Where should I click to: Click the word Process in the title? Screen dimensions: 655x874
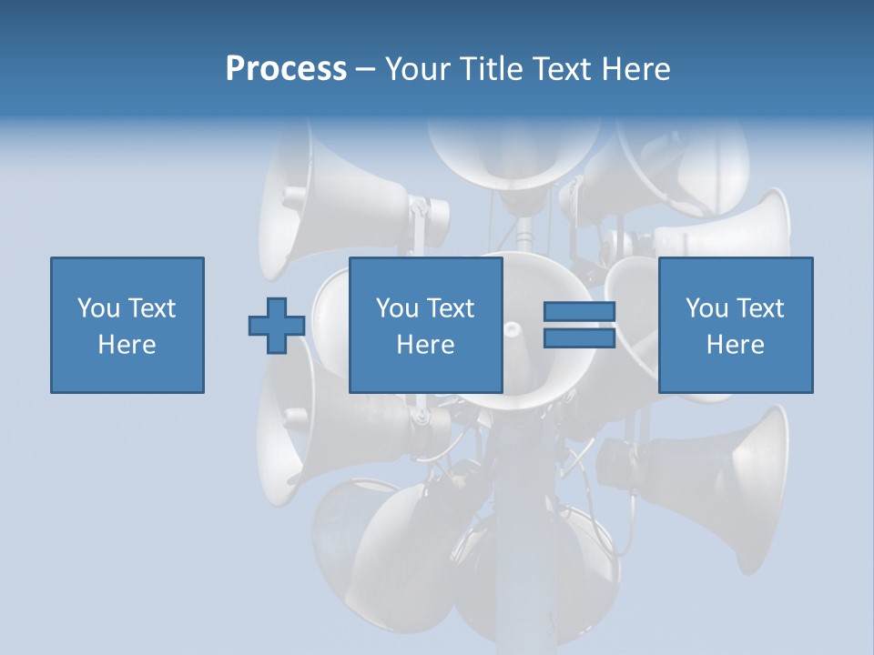(286, 69)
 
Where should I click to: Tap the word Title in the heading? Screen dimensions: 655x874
(493, 69)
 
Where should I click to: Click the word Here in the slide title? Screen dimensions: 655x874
(636, 69)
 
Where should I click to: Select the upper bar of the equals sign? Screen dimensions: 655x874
(579, 312)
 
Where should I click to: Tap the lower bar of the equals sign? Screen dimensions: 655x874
(579, 338)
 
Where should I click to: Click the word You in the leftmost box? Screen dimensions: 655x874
(98, 308)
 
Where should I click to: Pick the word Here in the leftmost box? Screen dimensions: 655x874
(127, 345)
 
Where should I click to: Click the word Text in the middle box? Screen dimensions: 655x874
(451, 308)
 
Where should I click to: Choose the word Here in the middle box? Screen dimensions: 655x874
(425, 345)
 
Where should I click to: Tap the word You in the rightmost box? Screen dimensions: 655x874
(706, 308)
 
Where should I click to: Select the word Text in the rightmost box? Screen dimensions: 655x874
(760, 308)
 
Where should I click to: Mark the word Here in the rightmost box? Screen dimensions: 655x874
(735, 345)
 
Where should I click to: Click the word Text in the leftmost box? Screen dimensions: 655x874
(152, 308)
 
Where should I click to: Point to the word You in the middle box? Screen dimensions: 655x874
(397, 308)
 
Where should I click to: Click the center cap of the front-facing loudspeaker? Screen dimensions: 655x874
(513, 328)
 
